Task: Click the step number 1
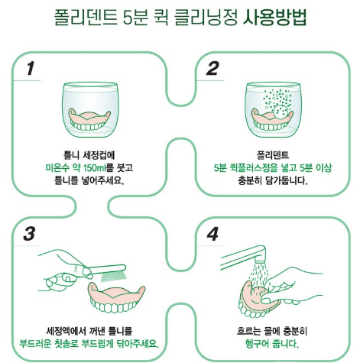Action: [x=31, y=69]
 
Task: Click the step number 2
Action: [x=212, y=69]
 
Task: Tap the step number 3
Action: [x=29, y=234]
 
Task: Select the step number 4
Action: [x=212, y=234]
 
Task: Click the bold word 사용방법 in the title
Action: [x=274, y=18]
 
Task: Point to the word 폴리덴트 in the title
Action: [x=86, y=18]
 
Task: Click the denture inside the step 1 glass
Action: [x=90, y=119]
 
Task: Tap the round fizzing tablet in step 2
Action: [x=281, y=111]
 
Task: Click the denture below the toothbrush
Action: [x=117, y=297]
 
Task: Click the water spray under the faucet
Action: [x=258, y=276]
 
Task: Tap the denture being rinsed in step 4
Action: [x=258, y=300]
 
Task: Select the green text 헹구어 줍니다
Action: [x=272, y=344]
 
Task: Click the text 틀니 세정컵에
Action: [x=89, y=155]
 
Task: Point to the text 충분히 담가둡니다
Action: [x=273, y=180]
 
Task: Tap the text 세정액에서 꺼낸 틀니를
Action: [x=89, y=331]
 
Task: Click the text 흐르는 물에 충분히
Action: [x=272, y=331]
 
